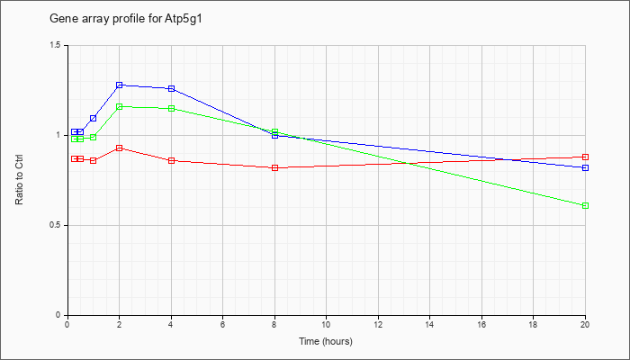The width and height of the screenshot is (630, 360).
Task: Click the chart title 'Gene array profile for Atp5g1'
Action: (x=125, y=19)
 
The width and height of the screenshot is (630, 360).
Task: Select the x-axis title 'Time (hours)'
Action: (x=326, y=341)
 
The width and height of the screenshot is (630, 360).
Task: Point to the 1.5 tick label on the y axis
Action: (x=56, y=45)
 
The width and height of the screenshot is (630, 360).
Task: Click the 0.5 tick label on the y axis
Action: (x=56, y=225)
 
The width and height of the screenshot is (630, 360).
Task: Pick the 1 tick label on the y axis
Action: (x=59, y=135)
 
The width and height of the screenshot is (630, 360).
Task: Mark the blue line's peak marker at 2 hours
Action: (x=120, y=85)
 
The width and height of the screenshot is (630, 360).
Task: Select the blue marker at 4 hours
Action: (x=172, y=89)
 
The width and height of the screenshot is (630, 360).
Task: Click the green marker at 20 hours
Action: (x=585, y=206)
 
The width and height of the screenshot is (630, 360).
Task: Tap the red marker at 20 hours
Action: (x=585, y=157)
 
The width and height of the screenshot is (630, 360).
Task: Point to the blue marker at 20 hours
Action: (x=585, y=168)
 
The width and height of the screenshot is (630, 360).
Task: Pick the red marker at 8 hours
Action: (x=275, y=168)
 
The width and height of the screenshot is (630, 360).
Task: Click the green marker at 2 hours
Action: (x=120, y=107)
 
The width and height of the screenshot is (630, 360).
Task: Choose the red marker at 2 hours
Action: (x=120, y=148)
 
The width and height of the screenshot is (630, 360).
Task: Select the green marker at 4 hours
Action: (x=172, y=109)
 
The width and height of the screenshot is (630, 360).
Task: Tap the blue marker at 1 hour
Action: (x=94, y=119)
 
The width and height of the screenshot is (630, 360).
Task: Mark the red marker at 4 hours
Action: (x=172, y=161)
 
